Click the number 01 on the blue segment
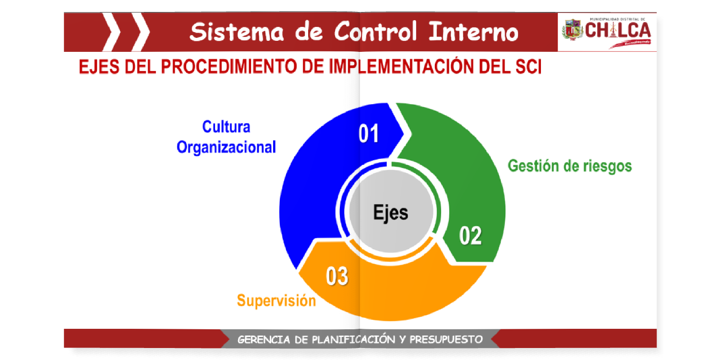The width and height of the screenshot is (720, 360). [369, 134]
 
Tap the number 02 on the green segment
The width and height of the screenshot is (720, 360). [470, 236]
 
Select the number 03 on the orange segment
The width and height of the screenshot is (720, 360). [336, 276]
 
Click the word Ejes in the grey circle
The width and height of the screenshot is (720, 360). [391, 212]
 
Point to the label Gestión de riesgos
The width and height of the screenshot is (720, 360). [570, 166]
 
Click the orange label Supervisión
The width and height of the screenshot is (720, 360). [276, 300]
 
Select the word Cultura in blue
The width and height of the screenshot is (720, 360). [226, 127]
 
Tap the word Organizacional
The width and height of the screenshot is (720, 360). [226, 147]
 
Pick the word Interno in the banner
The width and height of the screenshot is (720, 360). [473, 32]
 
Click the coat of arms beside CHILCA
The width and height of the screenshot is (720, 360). [572, 30]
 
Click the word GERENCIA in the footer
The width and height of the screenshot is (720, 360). [264, 340]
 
